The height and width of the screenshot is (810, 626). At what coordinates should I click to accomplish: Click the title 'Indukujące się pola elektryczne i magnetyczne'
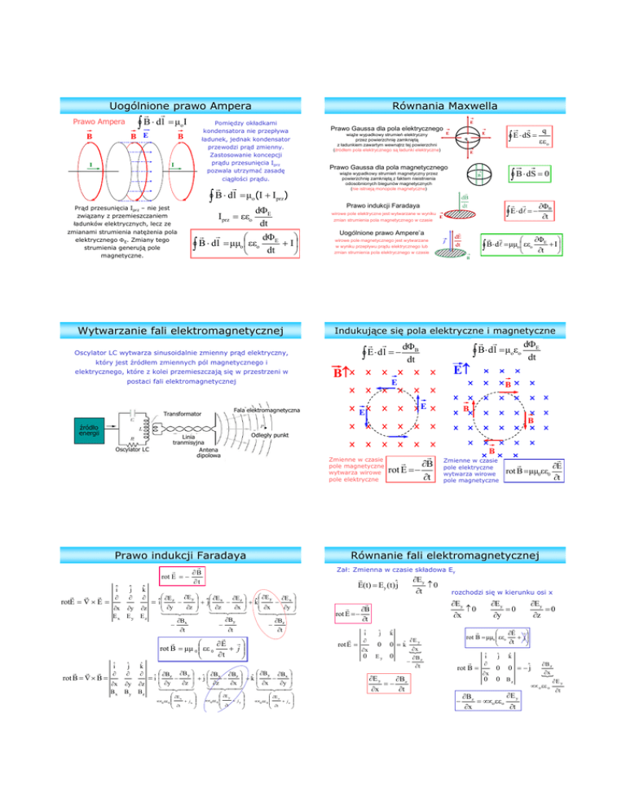click(x=462, y=330)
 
